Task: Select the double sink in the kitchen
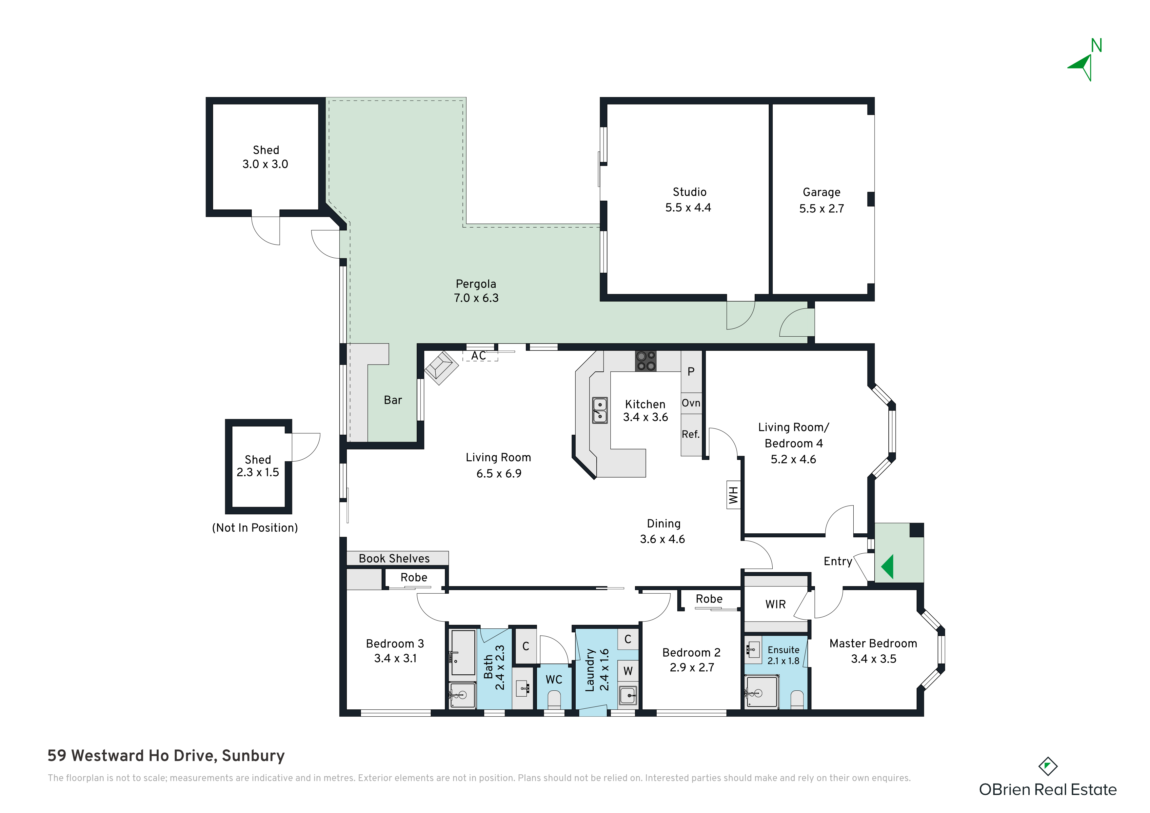600,410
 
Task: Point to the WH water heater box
733,495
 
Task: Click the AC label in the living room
479,356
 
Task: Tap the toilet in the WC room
554,699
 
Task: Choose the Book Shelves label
394,559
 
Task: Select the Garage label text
822,192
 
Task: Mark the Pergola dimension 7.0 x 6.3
476,298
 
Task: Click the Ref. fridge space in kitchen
691,435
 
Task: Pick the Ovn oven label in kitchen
691,403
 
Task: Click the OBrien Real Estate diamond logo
1048,766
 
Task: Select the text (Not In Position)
255,528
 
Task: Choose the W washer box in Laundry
628,671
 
